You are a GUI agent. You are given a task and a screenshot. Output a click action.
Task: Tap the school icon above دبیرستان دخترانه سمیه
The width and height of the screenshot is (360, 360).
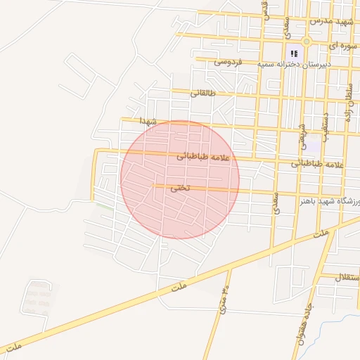pos(294,53)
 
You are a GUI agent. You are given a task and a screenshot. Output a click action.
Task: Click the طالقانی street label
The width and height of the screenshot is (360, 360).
pos(214,93)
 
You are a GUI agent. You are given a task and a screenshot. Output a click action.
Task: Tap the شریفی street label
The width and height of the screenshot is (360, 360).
pos(303,135)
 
